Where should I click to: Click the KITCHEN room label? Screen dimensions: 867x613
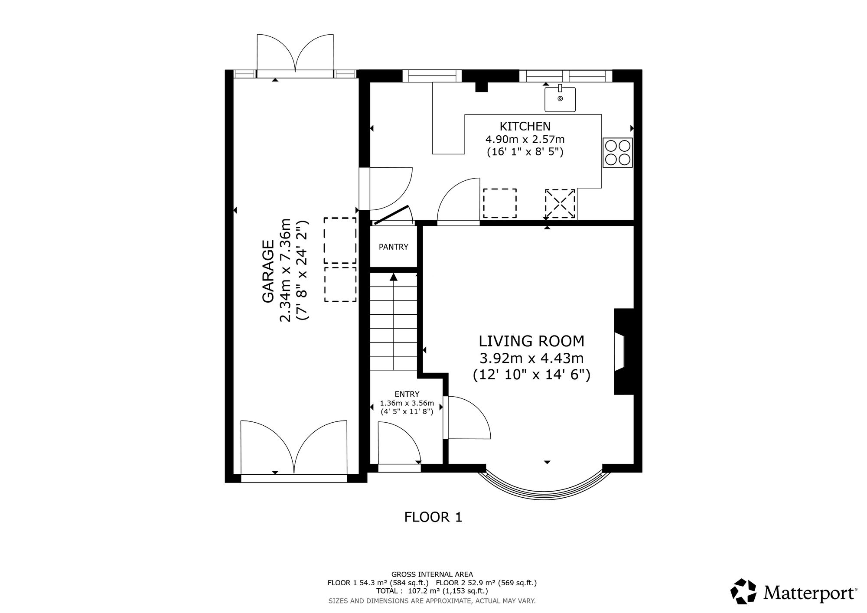pyautogui.click(x=525, y=126)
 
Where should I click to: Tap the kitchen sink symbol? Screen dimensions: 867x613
pyautogui.click(x=560, y=99)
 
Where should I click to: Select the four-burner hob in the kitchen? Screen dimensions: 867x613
pyautogui.click(x=618, y=153)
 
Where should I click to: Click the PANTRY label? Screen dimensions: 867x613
pyautogui.click(x=393, y=247)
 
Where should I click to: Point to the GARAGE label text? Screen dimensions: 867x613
pyautogui.click(x=268, y=271)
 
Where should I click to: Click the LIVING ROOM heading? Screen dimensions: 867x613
pyautogui.click(x=531, y=341)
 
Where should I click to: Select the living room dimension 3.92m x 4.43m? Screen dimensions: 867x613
pyautogui.click(x=531, y=359)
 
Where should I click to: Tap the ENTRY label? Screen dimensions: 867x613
pyautogui.click(x=407, y=394)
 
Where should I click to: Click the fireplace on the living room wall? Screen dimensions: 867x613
pyautogui.click(x=623, y=352)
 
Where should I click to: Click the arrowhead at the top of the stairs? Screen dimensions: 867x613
pyautogui.click(x=393, y=277)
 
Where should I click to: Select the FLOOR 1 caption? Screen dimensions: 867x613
pyautogui.click(x=433, y=517)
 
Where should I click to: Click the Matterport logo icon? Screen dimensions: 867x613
pyautogui.click(x=744, y=591)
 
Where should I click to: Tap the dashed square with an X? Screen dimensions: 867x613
pyautogui.click(x=560, y=204)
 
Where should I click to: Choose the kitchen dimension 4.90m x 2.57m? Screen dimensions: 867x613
pyautogui.click(x=525, y=140)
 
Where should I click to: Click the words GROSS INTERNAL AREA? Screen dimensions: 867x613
pyautogui.click(x=432, y=574)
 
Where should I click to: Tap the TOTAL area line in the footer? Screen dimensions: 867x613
pyautogui.click(x=432, y=590)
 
